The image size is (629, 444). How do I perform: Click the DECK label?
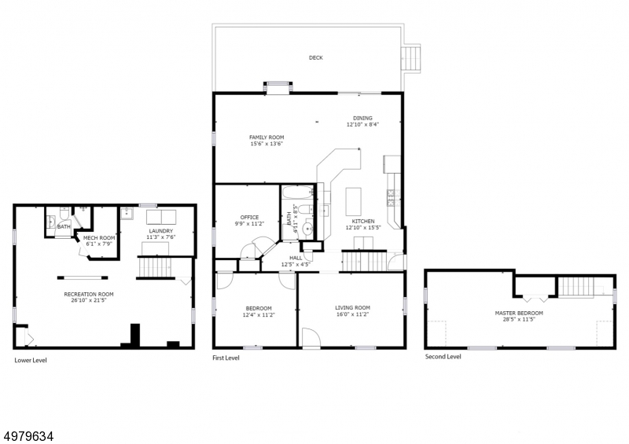tap(316, 57)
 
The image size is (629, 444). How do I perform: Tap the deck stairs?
tap(410, 59)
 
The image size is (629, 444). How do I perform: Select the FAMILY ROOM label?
tap(267, 138)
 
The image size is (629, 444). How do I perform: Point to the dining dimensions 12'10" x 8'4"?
tap(362, 124)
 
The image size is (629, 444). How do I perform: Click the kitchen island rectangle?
tap(353, 201)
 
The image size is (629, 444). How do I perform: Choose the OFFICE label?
tap(249, 218)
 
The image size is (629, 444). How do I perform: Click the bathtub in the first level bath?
tap(298, 192)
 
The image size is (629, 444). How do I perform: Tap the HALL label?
tap(296, 258)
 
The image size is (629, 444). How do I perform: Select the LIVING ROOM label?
tap(352, 307)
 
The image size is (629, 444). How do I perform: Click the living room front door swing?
tap(311, 337)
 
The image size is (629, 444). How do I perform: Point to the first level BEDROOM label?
tap(259, 308)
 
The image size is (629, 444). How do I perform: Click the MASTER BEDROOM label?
tap(519, 314)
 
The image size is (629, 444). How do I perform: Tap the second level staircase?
tap(576, 286)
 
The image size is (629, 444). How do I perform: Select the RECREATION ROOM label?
tap(89, 294)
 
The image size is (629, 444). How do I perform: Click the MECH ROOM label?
tap(99, 238)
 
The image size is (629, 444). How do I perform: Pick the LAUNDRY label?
tap(161, 231)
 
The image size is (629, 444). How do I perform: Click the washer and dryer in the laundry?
tap(161, 217)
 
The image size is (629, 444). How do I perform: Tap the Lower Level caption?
tap(31, 360)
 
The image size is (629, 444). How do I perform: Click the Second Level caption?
tap(443, 357)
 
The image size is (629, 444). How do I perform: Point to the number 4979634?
tap(28, 436)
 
